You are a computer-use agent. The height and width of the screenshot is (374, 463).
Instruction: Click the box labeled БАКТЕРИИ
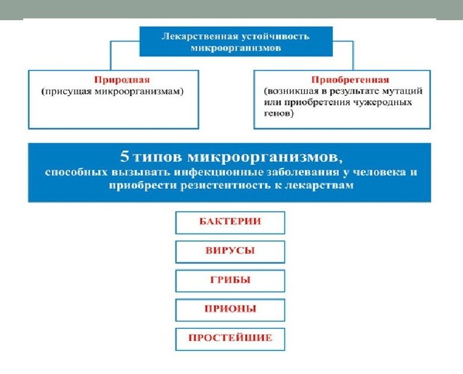pyautogui.click(x=230, y=222)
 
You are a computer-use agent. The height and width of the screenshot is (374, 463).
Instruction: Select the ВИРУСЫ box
pyautogui.click(x=230, y=251)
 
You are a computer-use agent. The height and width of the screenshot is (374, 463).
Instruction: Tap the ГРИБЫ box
pyautogui.click(x=230, y=280)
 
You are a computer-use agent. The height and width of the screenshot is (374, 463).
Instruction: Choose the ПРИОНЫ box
pyautogui.click(x=230, y=309)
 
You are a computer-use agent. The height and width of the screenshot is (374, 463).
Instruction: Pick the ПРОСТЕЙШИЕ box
pyautogui.click(x=230, y=338)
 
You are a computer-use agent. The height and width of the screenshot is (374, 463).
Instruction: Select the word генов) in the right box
pyautogui.click(x=278, y=113)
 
